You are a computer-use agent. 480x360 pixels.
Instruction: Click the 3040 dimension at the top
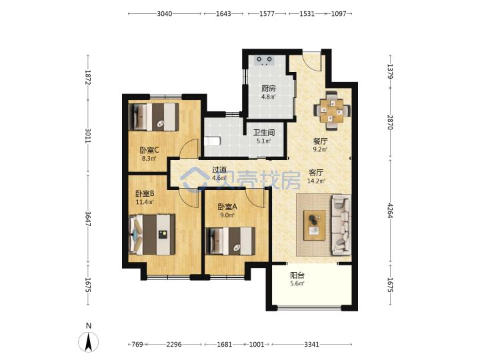[165, 14]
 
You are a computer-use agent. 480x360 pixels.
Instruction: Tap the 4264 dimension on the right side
[390, 211]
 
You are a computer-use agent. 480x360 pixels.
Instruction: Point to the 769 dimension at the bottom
[137, 345]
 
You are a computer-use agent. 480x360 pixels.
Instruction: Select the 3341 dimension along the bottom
[311, 345]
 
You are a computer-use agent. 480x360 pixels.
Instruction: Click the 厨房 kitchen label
[269, 89]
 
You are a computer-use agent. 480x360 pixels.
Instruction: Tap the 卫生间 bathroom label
[264, 133]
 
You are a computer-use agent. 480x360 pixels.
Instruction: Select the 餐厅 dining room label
[320, 141]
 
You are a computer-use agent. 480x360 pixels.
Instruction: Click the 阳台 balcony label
[297, 275]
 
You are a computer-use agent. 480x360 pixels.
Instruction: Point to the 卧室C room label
[149, 150]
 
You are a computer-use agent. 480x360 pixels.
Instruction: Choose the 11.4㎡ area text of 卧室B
[145, 202]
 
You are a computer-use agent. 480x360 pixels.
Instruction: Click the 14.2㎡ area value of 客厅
[316, 181]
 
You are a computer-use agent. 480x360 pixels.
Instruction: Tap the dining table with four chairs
[332, 110]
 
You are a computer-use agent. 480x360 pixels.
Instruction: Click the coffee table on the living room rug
[315, 225]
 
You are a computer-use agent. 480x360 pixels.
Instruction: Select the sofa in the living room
[341, 225]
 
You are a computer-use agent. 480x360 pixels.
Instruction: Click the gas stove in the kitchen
[264, 60]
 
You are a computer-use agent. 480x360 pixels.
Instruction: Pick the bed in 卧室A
[230, 241]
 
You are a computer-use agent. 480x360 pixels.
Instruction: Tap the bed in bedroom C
[154, 117]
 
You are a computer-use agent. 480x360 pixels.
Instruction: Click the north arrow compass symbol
[89, 341]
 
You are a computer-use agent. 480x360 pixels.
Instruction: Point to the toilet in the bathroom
[212, 141]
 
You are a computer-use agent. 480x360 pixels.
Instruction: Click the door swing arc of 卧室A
[254, 199]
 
